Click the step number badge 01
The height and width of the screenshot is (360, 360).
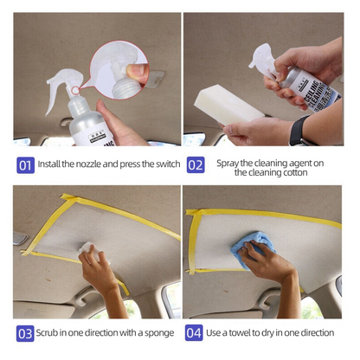tap(26, 164)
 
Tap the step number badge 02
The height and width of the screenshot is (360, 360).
tap(196, 164)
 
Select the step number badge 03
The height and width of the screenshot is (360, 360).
tap(26, 333)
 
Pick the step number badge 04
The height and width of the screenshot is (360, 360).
tap(195, 333)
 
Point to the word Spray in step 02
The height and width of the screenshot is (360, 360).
tap(228, 162)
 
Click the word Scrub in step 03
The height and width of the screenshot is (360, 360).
tap(53, 333)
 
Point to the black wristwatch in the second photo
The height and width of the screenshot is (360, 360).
tap(299, 132)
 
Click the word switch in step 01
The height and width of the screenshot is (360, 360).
tap(163, 164)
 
